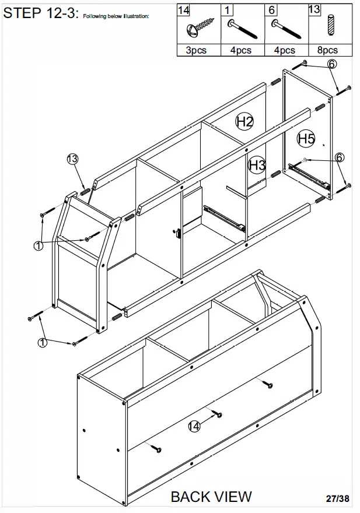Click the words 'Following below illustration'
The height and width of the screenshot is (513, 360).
116,16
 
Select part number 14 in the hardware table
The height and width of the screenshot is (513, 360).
184,10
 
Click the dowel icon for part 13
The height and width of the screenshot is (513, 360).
331,27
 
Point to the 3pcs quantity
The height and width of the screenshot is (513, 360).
197,50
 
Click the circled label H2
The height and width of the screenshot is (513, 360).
244,121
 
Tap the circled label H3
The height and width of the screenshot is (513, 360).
257,166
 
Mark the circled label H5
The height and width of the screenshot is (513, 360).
306,138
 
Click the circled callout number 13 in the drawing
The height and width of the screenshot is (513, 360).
72,159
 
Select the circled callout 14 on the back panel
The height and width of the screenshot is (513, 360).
194,426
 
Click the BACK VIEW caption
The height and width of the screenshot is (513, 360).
211,497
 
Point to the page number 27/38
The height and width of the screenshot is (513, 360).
338,499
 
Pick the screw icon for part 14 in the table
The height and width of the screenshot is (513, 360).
199,27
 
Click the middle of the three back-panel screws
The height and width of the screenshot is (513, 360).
217,414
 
